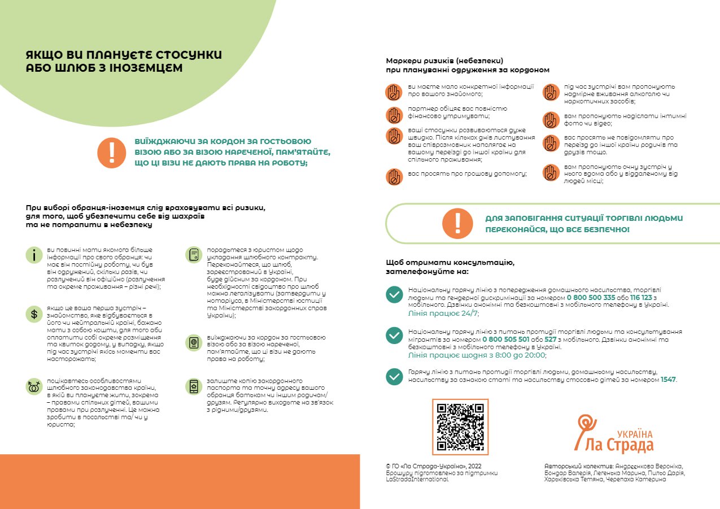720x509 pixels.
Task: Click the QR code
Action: coord(460,427)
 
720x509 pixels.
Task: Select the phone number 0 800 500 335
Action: coord(591,297)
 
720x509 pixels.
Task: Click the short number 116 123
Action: coord(642,297)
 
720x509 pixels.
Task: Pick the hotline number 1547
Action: coord(668,380)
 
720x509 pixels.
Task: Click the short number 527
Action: coord(551,340)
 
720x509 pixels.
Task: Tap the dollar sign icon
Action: coord(34,314)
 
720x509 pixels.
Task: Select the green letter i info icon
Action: coord(34,255)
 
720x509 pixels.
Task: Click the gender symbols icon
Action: coord(34,386)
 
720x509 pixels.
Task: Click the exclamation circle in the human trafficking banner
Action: coord(457,224)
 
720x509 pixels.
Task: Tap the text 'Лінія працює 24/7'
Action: coord(443,313)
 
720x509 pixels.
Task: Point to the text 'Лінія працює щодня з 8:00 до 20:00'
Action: coord(477,355)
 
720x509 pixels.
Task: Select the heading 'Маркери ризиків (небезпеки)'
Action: coord(444,60)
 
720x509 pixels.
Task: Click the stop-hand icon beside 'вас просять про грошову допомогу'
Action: coord(394,176)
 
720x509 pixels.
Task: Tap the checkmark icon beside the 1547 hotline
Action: coord(394,376)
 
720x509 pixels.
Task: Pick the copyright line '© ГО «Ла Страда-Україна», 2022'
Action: coord(433,466)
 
